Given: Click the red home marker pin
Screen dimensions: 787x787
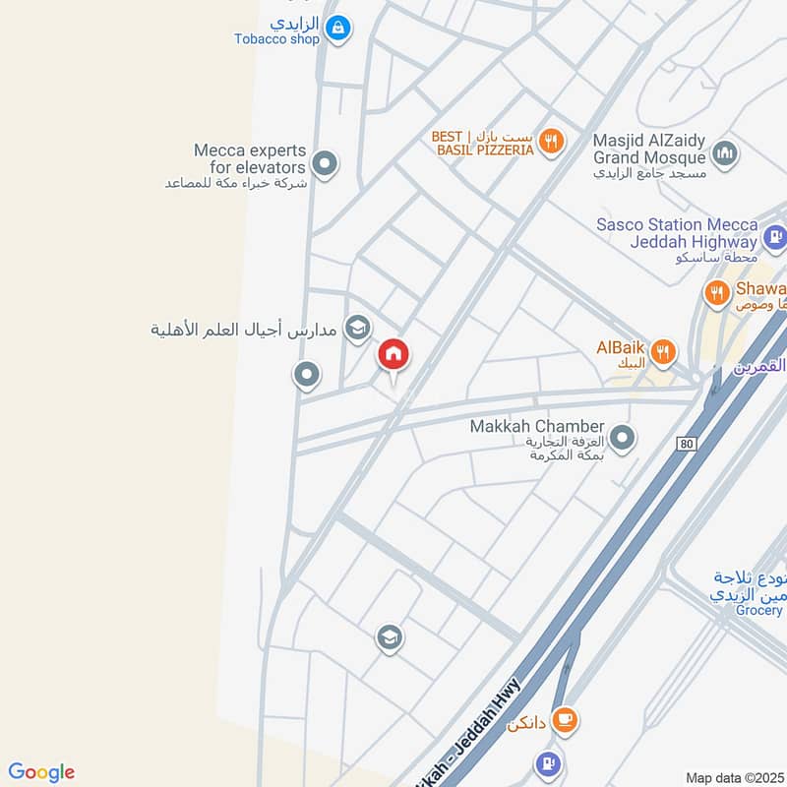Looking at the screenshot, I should point(393,354).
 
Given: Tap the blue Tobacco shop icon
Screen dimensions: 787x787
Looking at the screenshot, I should point(337,29).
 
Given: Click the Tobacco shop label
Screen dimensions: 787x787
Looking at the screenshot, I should point(276,39).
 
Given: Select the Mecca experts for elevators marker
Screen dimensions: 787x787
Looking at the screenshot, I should point(324,162).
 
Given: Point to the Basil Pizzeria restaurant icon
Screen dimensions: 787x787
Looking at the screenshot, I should point(551,142).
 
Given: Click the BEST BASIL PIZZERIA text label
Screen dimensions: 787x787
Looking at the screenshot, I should point(484,143).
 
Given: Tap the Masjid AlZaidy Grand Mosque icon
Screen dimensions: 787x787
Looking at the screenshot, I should point(725,154).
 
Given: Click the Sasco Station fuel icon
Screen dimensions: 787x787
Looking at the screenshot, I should point(774,236).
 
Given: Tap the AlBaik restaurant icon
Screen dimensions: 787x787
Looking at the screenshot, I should point(665,350).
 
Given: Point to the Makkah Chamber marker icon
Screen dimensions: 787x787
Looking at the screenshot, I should point(622,438).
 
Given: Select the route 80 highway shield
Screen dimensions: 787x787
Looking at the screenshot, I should point(686,445).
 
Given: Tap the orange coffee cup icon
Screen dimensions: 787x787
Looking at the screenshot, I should point(564,720).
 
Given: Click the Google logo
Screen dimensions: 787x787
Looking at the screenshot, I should point(41,772).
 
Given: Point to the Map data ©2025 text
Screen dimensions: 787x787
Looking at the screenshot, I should point(734,778).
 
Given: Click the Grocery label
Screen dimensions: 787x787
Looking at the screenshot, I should point(757,611).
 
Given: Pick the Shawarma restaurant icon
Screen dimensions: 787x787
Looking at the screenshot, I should point(715,292).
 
